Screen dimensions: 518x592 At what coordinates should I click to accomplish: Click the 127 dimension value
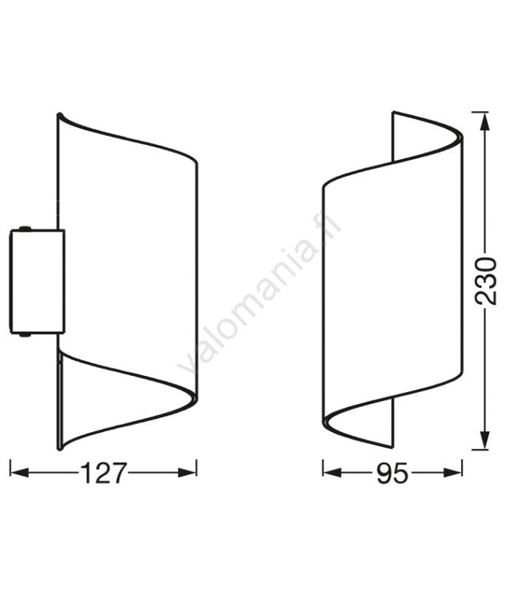click(103, 473)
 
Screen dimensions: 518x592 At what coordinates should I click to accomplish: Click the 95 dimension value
click(392, 473)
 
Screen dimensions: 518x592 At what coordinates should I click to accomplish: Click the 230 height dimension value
click(485, 281)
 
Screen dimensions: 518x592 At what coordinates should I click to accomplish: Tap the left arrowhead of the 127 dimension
click(20, 472)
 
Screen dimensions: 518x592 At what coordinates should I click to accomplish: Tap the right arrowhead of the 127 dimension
click(188, 472)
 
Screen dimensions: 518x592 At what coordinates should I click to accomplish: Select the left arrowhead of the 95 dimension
click(332, 472)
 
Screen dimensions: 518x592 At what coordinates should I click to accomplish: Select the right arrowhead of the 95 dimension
click(453, 472)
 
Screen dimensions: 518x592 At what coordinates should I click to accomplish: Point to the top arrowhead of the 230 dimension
click(485, 122)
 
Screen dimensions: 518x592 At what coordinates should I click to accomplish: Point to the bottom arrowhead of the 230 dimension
click(485, 440)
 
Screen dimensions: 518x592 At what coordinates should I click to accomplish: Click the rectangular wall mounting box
click(38, 281)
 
